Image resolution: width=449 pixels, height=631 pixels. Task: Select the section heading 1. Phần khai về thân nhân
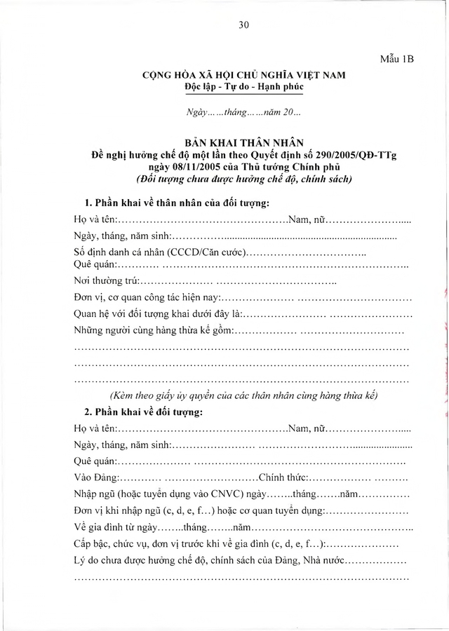pyautogui.click(x=176, y=203)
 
